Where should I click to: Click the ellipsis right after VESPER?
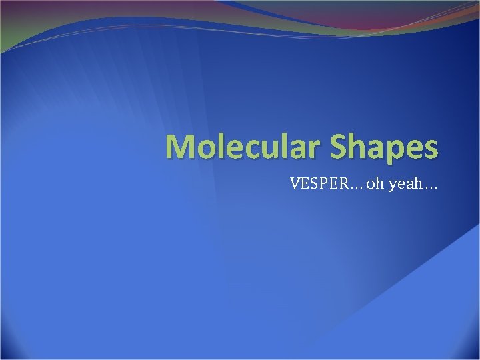[x=354, y=186]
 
